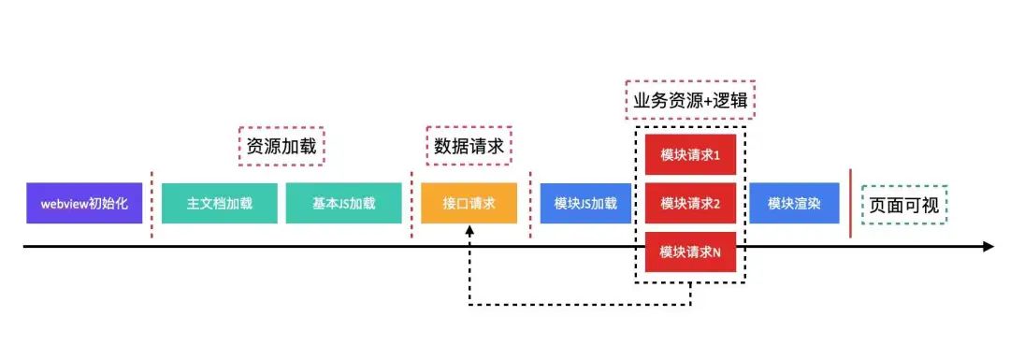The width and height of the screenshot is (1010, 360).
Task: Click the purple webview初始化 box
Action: coord(84,203)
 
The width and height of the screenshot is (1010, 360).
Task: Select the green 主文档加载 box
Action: coord(220,203)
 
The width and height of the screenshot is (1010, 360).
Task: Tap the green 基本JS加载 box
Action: coord(344,203)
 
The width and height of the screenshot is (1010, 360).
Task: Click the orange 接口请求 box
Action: coord(469,203)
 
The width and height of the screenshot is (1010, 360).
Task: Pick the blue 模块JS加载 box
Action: coord(585,203)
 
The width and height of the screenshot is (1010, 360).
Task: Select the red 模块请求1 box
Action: coord(690,154)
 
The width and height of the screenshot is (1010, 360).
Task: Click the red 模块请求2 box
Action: coord(690,203)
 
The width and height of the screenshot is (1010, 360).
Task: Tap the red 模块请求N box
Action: coord(690,252)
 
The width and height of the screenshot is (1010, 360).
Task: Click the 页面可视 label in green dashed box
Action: coord(903,204)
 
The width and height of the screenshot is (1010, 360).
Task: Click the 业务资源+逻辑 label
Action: coord(689,100)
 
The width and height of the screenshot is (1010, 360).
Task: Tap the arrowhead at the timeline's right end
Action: coord(987,247)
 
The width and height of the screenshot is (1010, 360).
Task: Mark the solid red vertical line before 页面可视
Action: coord(850,203)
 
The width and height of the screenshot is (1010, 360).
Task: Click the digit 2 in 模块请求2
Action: coord(716,203)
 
